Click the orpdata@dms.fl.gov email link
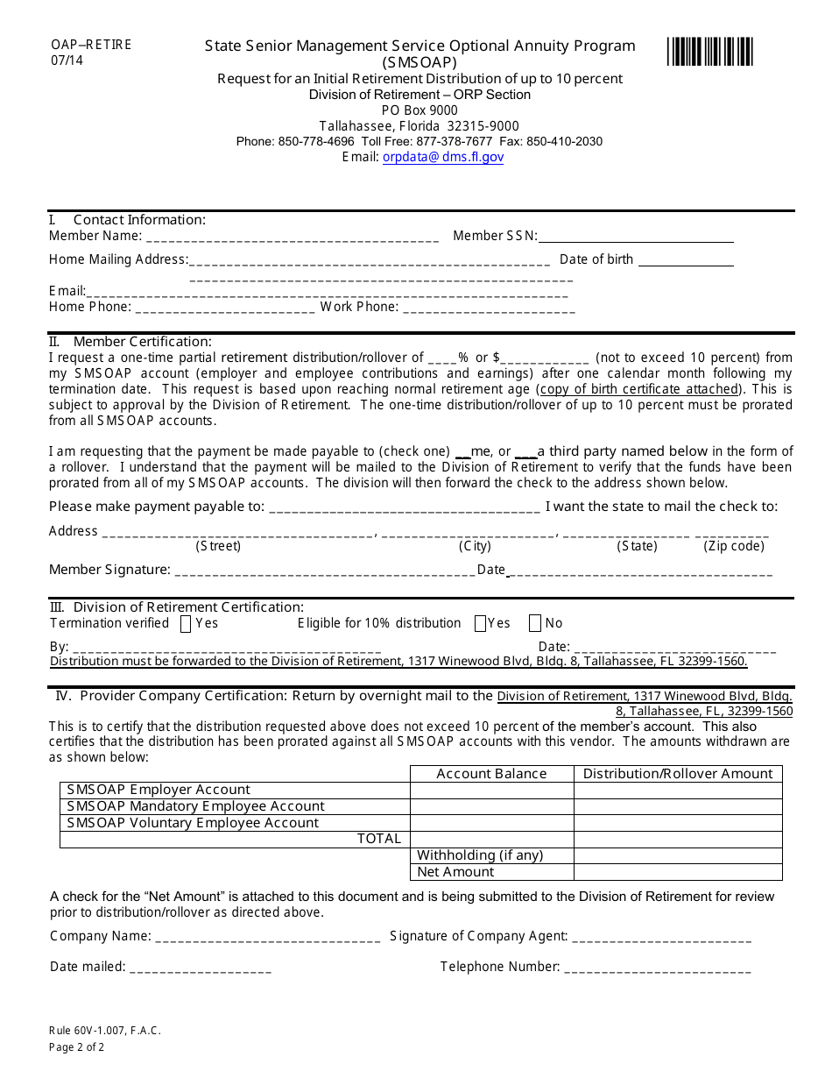click(443, 158)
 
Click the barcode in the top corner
click(709, 52)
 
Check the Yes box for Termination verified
click(186, 624)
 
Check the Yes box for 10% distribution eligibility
click(480, 624)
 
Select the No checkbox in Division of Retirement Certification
click(535, 624)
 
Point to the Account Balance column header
click(491, 774)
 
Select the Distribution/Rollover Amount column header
click(678, 774)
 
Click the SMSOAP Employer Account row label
click(159, 791)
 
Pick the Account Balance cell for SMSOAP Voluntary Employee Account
click(491, 823)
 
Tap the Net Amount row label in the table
click(455, 872)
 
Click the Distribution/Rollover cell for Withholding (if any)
click(678, 855)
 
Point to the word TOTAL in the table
click(378, 840)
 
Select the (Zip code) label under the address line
click(734, 546)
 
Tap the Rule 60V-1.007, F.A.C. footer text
click(105, 1032)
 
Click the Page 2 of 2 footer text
click(77, 1047)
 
